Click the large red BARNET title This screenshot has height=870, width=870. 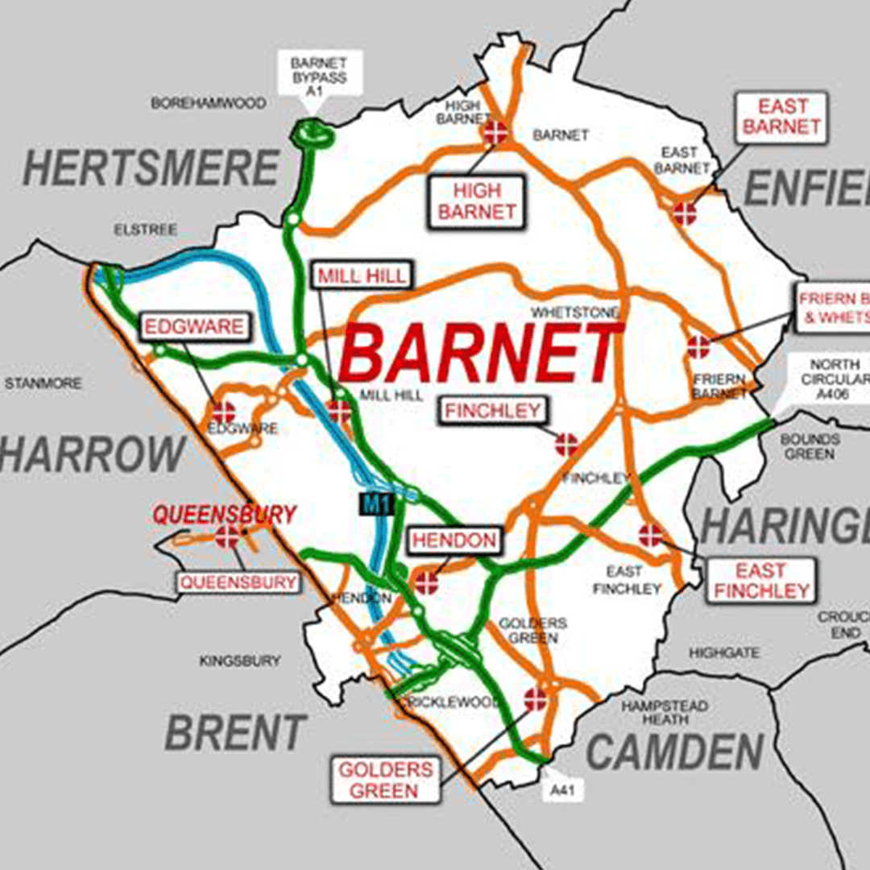[x=481, y=353]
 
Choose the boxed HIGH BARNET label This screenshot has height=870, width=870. [x=477, y=201]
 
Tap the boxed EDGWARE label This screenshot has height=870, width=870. [x=193, y=326]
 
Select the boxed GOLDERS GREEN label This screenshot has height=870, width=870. [x=385, y=779]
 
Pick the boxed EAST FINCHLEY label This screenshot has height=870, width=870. [x=760, y=581]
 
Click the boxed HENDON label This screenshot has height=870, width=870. [x=454, y=541]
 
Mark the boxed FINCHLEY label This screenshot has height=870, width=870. [x=492, y=411]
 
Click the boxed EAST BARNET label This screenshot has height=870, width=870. [x=781, y=117]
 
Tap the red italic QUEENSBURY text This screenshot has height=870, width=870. [x=225, y=514]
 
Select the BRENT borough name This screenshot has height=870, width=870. [x=235, y=733]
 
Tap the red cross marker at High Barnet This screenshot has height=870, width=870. [x=495, y=133]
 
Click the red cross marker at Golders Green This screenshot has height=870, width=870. [x=536, y=700]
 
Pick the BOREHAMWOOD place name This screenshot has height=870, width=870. [x=209, y=103]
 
